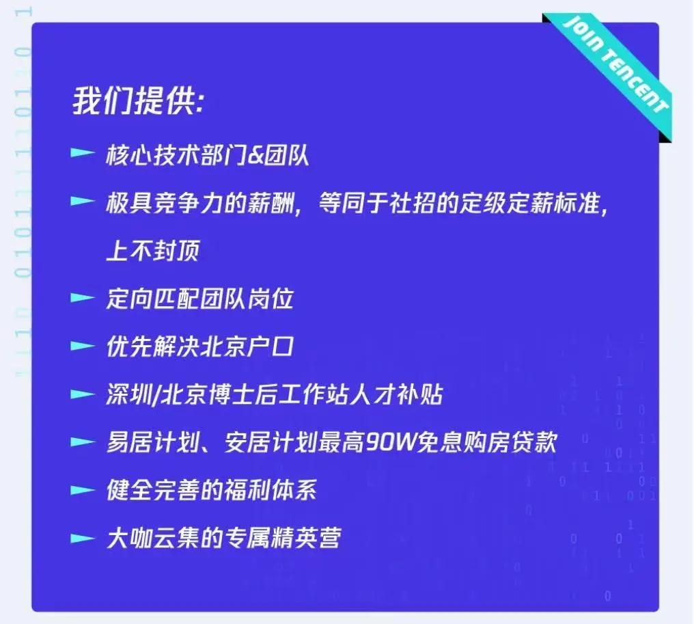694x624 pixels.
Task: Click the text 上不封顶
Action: [x=152, y=252]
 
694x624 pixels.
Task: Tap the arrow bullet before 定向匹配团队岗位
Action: [x=82, y=298]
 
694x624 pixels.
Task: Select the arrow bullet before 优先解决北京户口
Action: [x=82, y=346]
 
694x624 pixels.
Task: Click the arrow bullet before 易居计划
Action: [x=82, y=442]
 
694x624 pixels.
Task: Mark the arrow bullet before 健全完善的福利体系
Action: [x=82, y=489]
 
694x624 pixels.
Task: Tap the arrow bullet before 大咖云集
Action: [x=82, y=538]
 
